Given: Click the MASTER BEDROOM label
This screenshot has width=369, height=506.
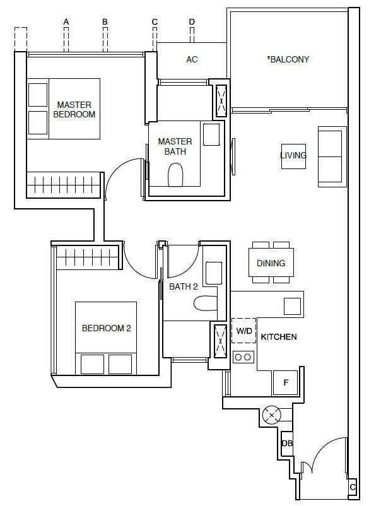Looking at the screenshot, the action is point(74,109).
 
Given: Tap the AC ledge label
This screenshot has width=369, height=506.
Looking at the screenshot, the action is point(192,59).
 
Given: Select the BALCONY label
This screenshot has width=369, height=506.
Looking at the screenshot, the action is point(288,59).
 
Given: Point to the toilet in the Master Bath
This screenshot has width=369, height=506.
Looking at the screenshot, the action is point(175,175).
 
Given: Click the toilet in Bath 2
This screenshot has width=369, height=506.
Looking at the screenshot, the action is point(206,303).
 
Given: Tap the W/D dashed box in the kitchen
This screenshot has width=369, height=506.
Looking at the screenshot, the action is point(244,331).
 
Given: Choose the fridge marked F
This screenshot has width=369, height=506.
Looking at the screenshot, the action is point(285,383).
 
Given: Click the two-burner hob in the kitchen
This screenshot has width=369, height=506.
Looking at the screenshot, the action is point(243,357).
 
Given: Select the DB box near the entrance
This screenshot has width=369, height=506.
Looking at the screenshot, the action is point(287,444).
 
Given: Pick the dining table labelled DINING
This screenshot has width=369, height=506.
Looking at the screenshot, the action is point(271,262).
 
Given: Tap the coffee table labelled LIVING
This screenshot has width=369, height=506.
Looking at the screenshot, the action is point(293,156).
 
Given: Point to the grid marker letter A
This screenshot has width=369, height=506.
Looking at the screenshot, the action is point(66,22).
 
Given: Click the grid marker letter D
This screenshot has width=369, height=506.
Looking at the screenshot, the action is point(192,22).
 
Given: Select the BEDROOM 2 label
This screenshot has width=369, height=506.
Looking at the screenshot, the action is point(107,329).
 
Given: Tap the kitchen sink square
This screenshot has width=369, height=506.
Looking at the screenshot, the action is point(292,306).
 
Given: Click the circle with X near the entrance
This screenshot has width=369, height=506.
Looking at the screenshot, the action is point(272,415).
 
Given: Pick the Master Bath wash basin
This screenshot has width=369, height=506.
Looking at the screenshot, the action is point(211,134).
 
